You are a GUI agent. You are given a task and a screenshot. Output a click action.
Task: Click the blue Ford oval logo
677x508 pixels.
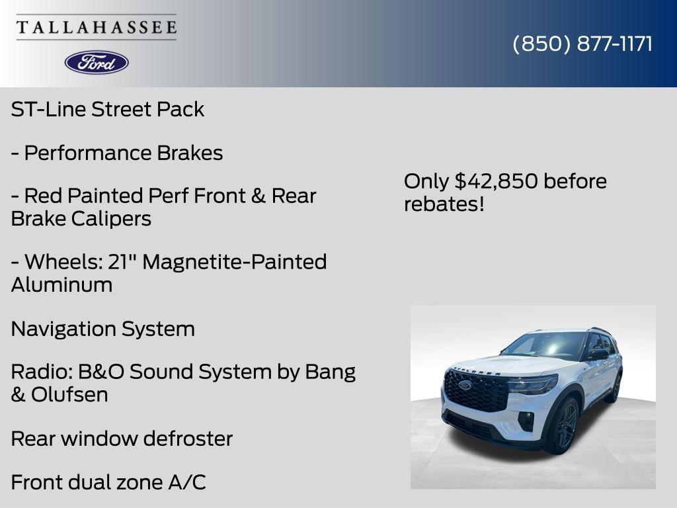[x=97, y=62]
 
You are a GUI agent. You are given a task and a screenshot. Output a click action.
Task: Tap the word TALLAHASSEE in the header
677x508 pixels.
[x=97, y=27]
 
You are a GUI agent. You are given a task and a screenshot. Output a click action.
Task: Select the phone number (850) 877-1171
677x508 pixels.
[x=582, y=44]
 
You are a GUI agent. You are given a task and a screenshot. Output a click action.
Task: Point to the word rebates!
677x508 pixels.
[x=444, y=204]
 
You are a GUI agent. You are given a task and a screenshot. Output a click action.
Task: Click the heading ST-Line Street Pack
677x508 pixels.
[x=108, y=109]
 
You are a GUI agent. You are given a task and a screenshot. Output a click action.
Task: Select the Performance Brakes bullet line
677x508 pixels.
[x=117, y=153]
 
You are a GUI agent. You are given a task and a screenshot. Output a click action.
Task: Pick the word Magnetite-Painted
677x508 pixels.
[x=235, y=262]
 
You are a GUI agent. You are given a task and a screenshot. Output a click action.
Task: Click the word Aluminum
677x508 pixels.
[x=61, y=285]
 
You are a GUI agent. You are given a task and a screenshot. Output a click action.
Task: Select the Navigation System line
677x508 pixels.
[x=103, y=329]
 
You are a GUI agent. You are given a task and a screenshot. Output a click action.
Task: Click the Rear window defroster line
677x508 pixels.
[x=122, y=439]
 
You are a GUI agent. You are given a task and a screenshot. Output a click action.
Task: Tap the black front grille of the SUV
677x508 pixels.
[x=475, y=390]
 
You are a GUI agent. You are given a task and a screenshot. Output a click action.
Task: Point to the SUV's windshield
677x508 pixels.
[x=544, y=345]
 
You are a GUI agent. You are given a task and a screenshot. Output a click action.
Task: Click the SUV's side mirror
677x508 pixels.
[x=599, y=355]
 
